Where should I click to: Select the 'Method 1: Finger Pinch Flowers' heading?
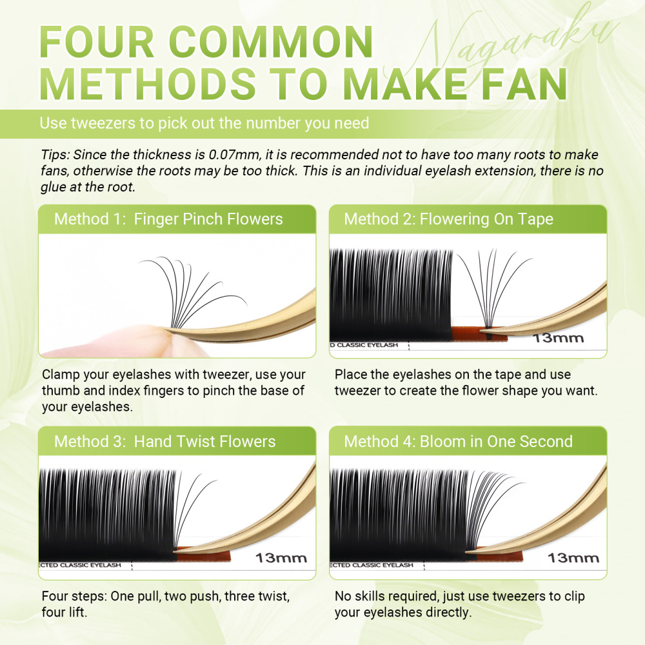click(168, 219)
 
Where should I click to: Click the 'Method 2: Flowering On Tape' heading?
click(448, 219)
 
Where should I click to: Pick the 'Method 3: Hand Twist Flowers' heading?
click(164, 441)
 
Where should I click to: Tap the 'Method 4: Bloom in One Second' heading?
click(458, 441)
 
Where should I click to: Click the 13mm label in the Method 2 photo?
click(559, 338)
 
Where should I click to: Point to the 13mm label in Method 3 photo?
click(281, 557)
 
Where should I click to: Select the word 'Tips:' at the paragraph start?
click(55, 155)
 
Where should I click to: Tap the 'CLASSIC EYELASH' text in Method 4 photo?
click(381, 565)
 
